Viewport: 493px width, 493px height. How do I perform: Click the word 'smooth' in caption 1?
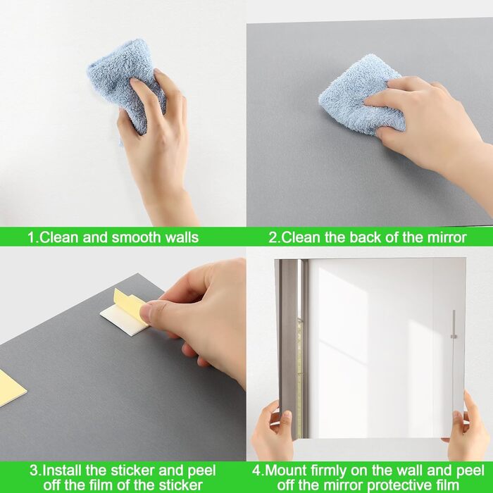click(x=137, y=237)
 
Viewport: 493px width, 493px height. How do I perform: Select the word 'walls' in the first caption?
click(x=182, y=237)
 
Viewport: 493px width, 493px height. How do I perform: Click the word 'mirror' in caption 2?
click(x=447, y=237)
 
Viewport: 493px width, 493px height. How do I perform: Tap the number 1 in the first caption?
click(x=31, y=237)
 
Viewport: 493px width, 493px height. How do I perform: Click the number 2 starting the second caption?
click(x=273, y=237)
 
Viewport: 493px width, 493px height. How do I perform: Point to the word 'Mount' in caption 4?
click(x=286, y=470)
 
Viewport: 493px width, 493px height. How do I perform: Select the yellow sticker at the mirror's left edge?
click(x=11, y=388)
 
